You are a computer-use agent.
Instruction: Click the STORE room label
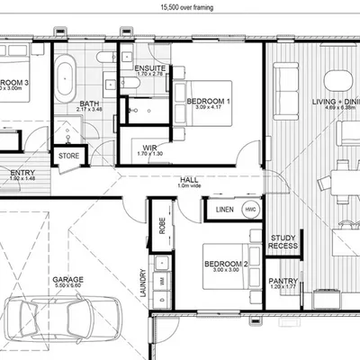tap(69, 156)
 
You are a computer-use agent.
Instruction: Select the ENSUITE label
tap(148, 67)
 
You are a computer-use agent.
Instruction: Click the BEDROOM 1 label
tap(208, 102)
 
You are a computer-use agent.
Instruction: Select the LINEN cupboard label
tap(224, 211)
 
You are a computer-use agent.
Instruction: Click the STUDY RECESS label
tap(283, 241)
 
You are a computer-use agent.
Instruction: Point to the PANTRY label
tap(283, 281)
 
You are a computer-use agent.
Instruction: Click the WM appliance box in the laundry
tap(161, 281)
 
